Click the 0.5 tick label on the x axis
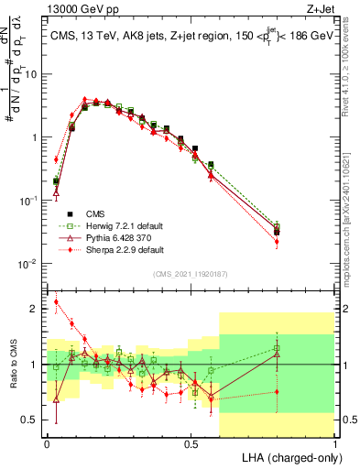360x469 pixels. click(191, 442)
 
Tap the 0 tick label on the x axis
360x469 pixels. click(47, 442)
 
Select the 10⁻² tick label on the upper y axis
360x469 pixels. click(29, 264)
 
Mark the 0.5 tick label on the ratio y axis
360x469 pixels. click(33, 420)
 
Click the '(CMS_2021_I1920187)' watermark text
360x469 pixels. click(190, 274)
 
